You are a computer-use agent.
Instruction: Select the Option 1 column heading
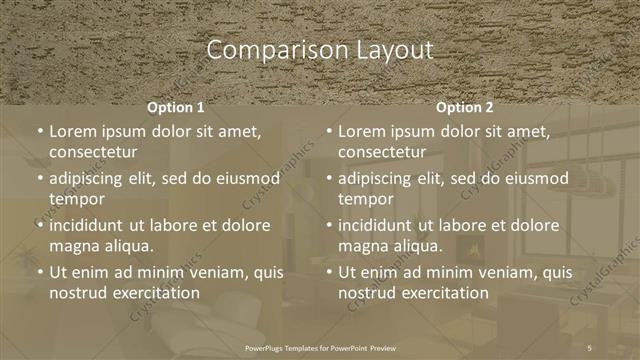coord(176,107)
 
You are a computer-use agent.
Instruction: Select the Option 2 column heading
coord(465,107)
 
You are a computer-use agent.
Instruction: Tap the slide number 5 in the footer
coord(590,346)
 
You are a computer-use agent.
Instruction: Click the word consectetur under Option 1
coord(93,152)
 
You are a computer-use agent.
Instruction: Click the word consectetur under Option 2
coord(382,152)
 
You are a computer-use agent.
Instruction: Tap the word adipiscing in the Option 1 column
coord(91,179)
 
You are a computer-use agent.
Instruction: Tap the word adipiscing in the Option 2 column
coord(380,179)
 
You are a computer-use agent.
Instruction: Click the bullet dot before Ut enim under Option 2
coord(329,272)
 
